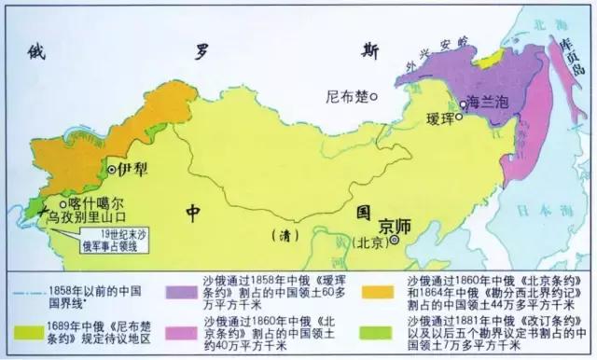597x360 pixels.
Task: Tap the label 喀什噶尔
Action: [94, 201]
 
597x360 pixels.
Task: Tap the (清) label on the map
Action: [279, 233]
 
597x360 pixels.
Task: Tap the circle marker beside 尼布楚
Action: [372, 96]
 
